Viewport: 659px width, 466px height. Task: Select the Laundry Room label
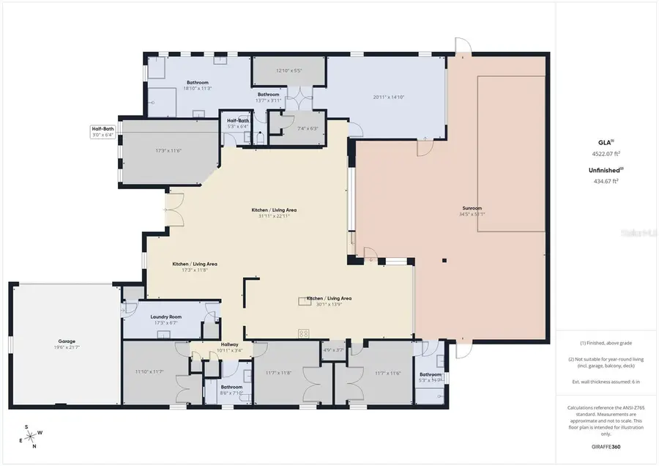(165, 317)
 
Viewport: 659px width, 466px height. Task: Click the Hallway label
(230, 344)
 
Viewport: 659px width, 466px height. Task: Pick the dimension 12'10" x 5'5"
(288, 70)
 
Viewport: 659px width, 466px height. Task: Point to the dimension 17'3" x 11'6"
(168, 151)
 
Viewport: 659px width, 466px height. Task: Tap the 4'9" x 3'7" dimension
(333, 349)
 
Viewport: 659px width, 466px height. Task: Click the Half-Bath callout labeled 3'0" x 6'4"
(103, 131)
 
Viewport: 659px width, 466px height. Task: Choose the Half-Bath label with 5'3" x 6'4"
(238, 123)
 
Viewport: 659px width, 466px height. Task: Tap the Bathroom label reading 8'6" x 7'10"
(231, 390)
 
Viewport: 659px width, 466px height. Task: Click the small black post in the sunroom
(444, 260)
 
